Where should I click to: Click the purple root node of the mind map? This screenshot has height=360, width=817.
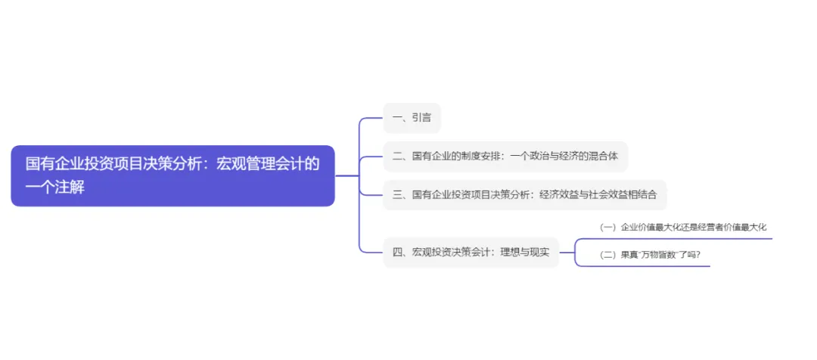(x=172, y=175)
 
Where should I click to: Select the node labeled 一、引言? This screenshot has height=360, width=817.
(x=412, y=119)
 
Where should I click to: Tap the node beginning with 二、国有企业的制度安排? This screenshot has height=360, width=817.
(x=505, y=157)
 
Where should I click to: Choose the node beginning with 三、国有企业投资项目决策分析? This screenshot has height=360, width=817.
(x=525, y=194)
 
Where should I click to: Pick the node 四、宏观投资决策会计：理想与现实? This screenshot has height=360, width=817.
(x=471, y=252)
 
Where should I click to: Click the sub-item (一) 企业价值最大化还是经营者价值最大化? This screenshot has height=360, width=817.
(x=682, y=226)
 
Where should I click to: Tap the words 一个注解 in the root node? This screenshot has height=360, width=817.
(x=54, y=188)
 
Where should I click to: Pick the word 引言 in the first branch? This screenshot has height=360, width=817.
(x=421, y=119)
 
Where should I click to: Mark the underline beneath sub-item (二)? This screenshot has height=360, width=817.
(x=643, y=265)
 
